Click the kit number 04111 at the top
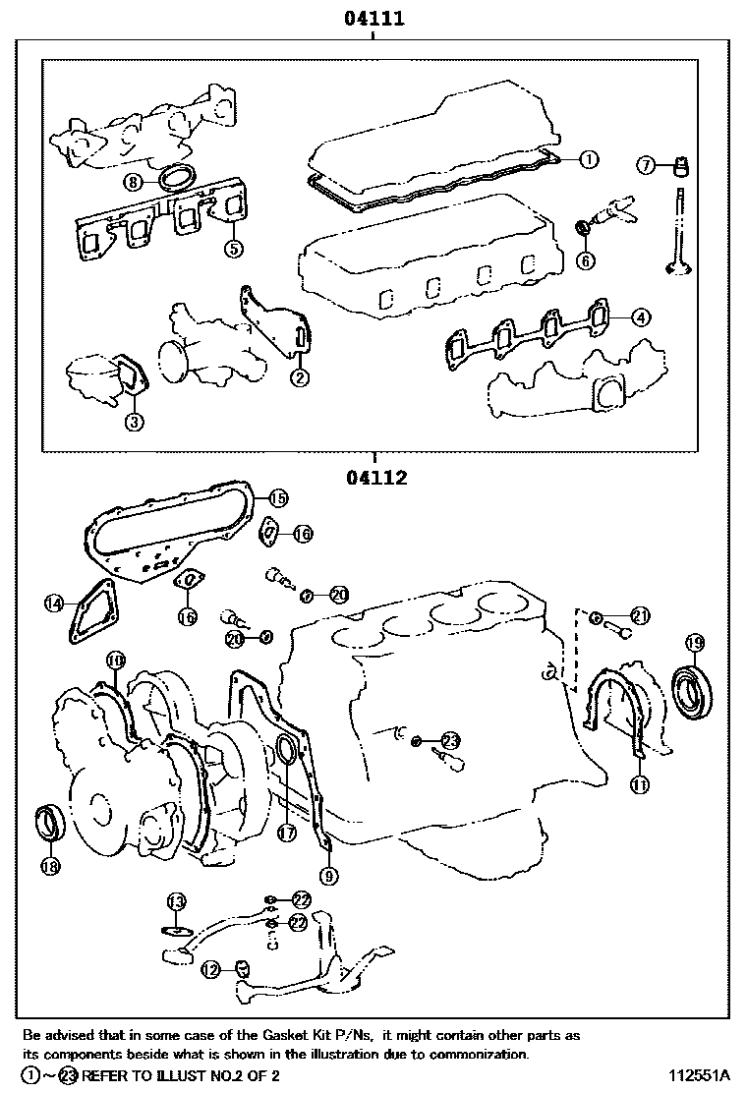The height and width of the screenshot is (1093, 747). (374, 18)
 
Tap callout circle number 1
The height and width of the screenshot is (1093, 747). (587, 157)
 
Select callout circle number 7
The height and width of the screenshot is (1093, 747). (646, 165)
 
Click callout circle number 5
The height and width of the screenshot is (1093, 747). (233, 248)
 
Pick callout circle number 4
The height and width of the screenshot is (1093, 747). (639, 316)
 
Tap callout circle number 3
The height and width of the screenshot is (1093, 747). (135, 422)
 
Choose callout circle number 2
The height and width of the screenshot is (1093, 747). (299, 375)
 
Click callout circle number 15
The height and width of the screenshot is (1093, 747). (278, 497)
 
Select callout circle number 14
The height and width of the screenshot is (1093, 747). (53, 604)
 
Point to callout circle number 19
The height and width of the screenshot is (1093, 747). (694, 644)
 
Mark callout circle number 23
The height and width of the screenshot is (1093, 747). (450, 740)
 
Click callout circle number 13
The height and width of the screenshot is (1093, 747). (176, 901)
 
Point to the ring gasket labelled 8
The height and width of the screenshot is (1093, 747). (177, 178)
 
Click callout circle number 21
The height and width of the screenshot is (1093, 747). (640, 616)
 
